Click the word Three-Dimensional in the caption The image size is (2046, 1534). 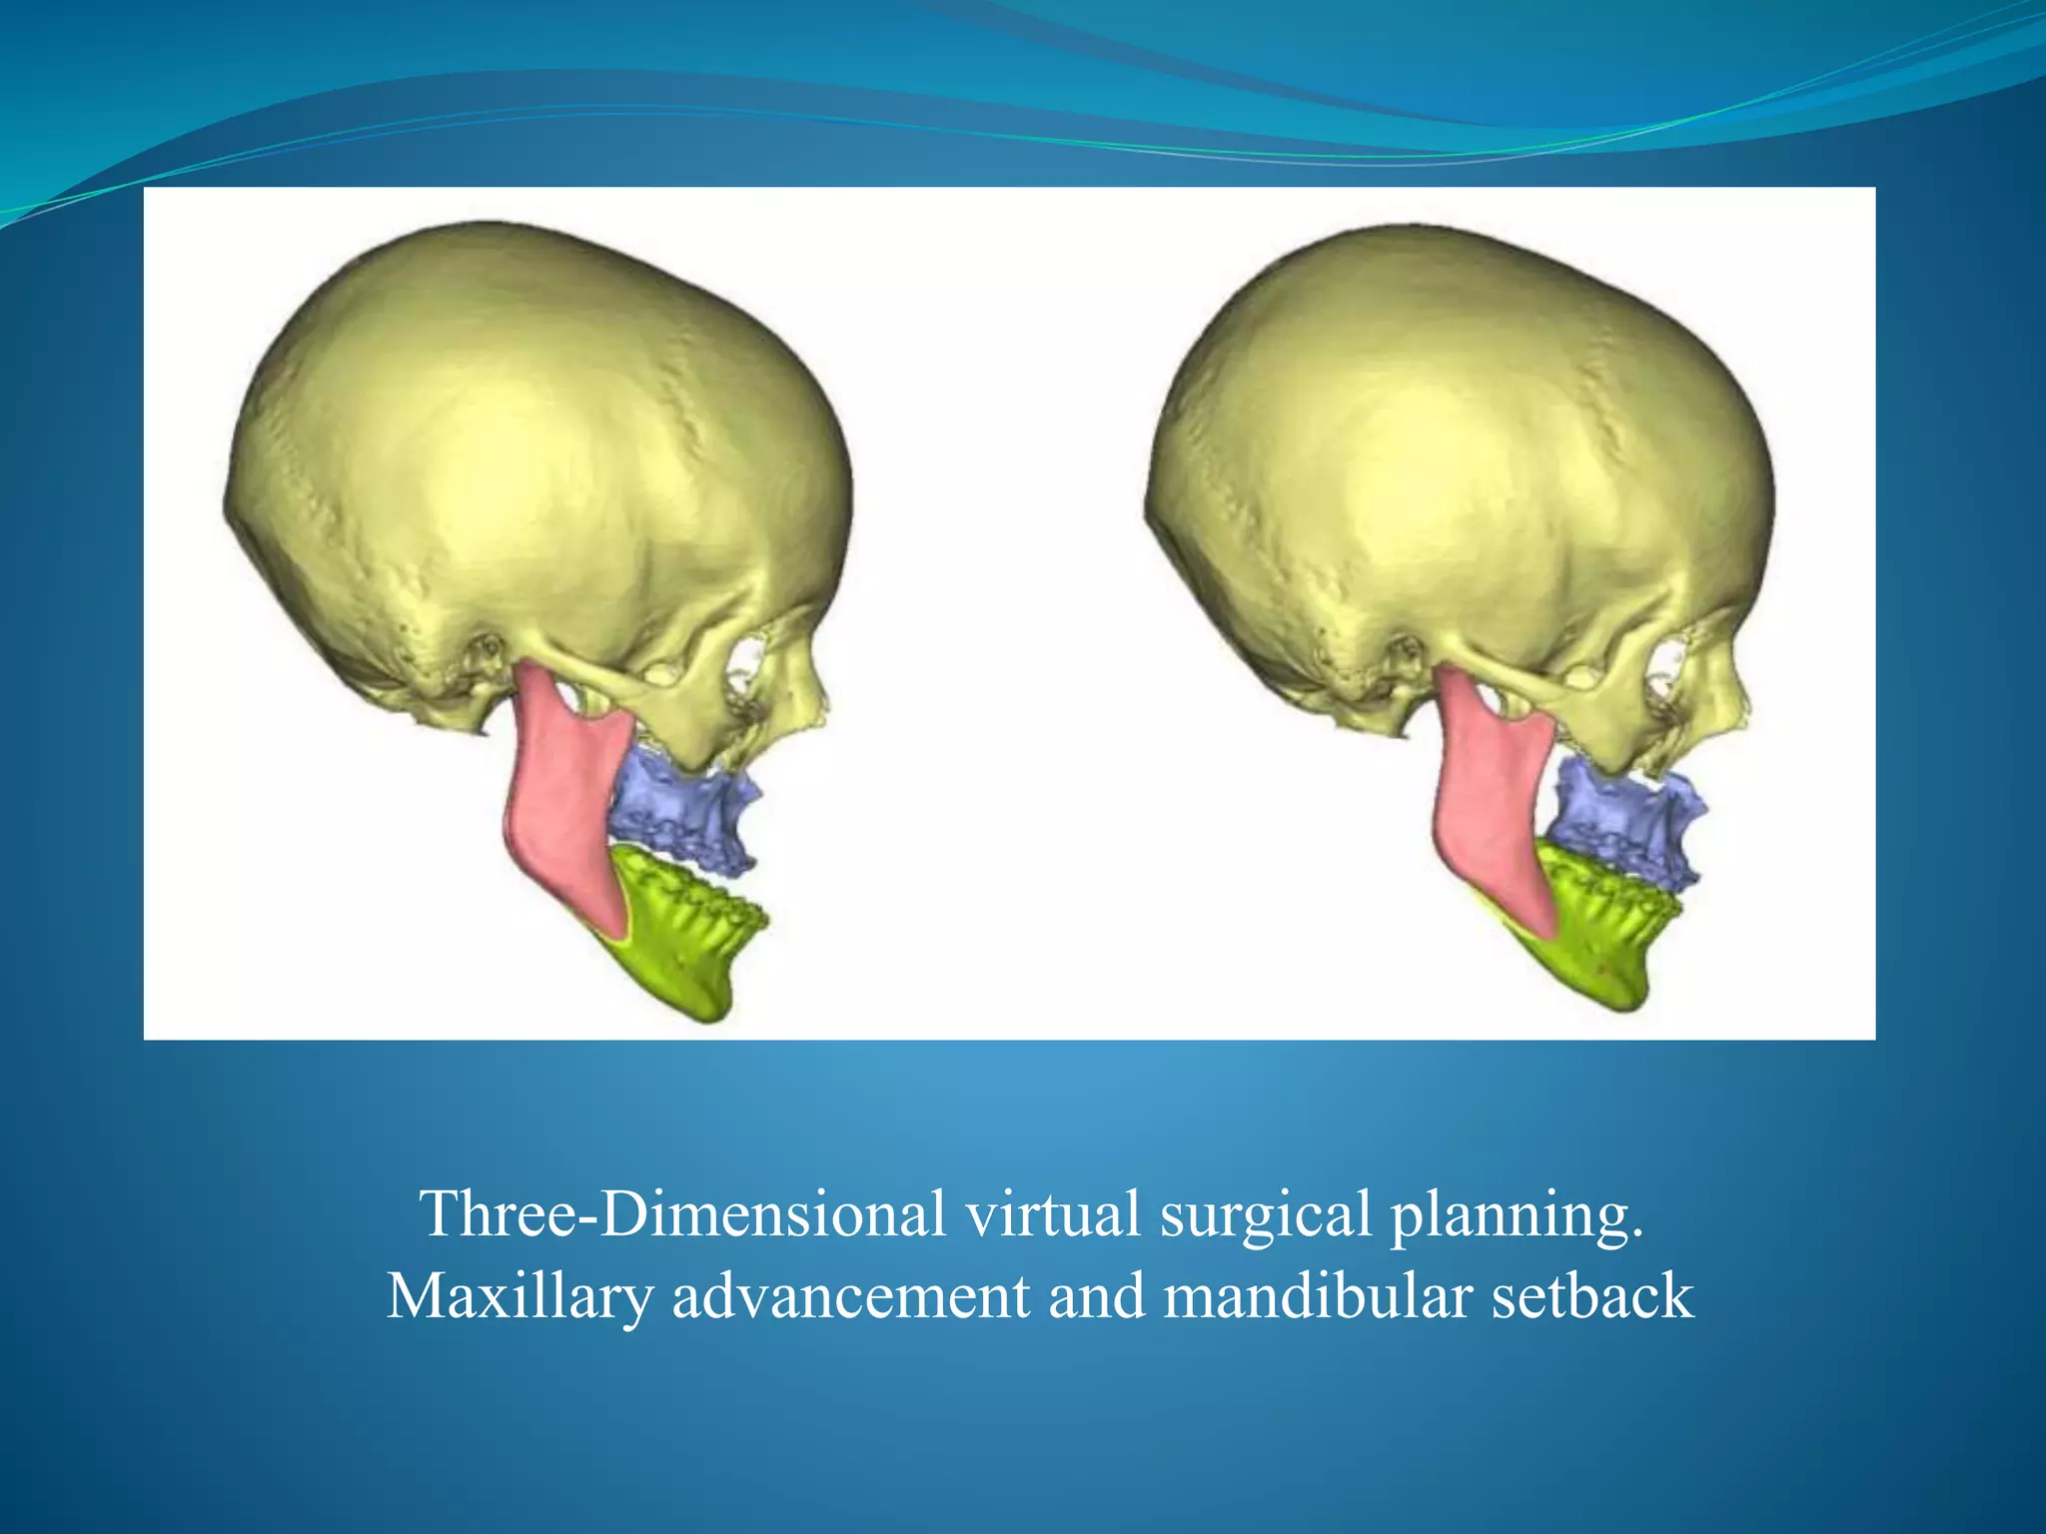point(683,1214)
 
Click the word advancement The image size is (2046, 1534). point(850,1297)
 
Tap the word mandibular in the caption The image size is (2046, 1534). point(1319,1297)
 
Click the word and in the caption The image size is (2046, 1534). point(1096,1297)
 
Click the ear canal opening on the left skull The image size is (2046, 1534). point(489,649)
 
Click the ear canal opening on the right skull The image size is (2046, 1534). point(1410,653)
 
